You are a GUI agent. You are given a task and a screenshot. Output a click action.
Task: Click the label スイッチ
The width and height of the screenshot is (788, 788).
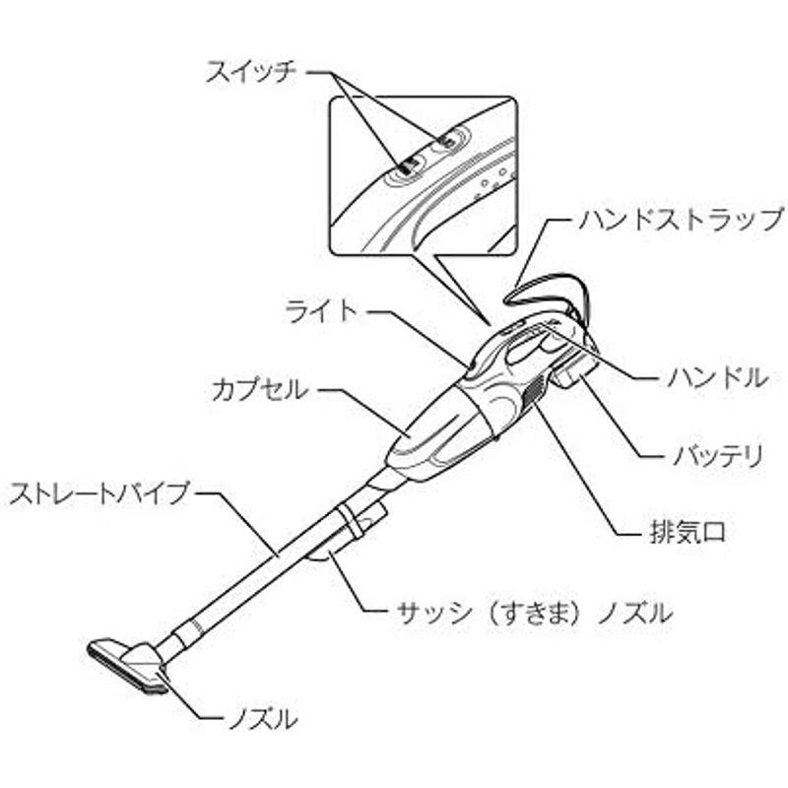[251, 72]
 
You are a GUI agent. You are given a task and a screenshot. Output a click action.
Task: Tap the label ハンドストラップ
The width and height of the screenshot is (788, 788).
[682, 220]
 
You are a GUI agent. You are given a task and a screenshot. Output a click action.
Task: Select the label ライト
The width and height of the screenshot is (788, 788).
[321, 311]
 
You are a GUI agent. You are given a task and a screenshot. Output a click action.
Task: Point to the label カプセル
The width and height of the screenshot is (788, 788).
[259, 390]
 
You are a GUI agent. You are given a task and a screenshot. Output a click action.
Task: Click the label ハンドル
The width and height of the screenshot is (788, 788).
[718, 377]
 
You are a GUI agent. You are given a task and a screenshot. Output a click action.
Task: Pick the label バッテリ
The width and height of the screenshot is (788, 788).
[718, 456]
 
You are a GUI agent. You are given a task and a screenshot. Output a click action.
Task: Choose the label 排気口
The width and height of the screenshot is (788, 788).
[688, 532]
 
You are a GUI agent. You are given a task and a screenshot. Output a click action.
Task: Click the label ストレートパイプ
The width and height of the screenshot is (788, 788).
[99, 494]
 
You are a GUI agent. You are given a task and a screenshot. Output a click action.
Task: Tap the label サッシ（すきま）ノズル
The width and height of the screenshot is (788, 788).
[534, 613]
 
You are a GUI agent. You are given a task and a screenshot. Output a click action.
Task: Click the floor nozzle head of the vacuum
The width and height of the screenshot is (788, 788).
[128, 664]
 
